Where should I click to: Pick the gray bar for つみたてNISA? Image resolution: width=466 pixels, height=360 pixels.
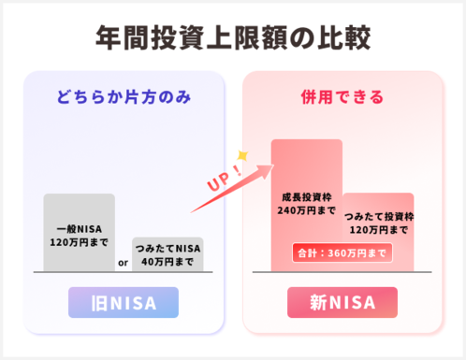tap(167, 253)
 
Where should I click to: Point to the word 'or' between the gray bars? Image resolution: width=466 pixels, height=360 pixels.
tap(123, 262)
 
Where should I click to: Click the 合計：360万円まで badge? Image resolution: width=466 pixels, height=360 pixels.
tap(342, 252)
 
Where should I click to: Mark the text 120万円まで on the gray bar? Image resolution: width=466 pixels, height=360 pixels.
tap(79, 241)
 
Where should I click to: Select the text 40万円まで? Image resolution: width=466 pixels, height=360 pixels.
tap(167, 261)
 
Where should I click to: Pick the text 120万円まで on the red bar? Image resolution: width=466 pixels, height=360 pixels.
tap(378, 230)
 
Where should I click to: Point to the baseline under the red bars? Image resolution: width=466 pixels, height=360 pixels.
tap(342, 271)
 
